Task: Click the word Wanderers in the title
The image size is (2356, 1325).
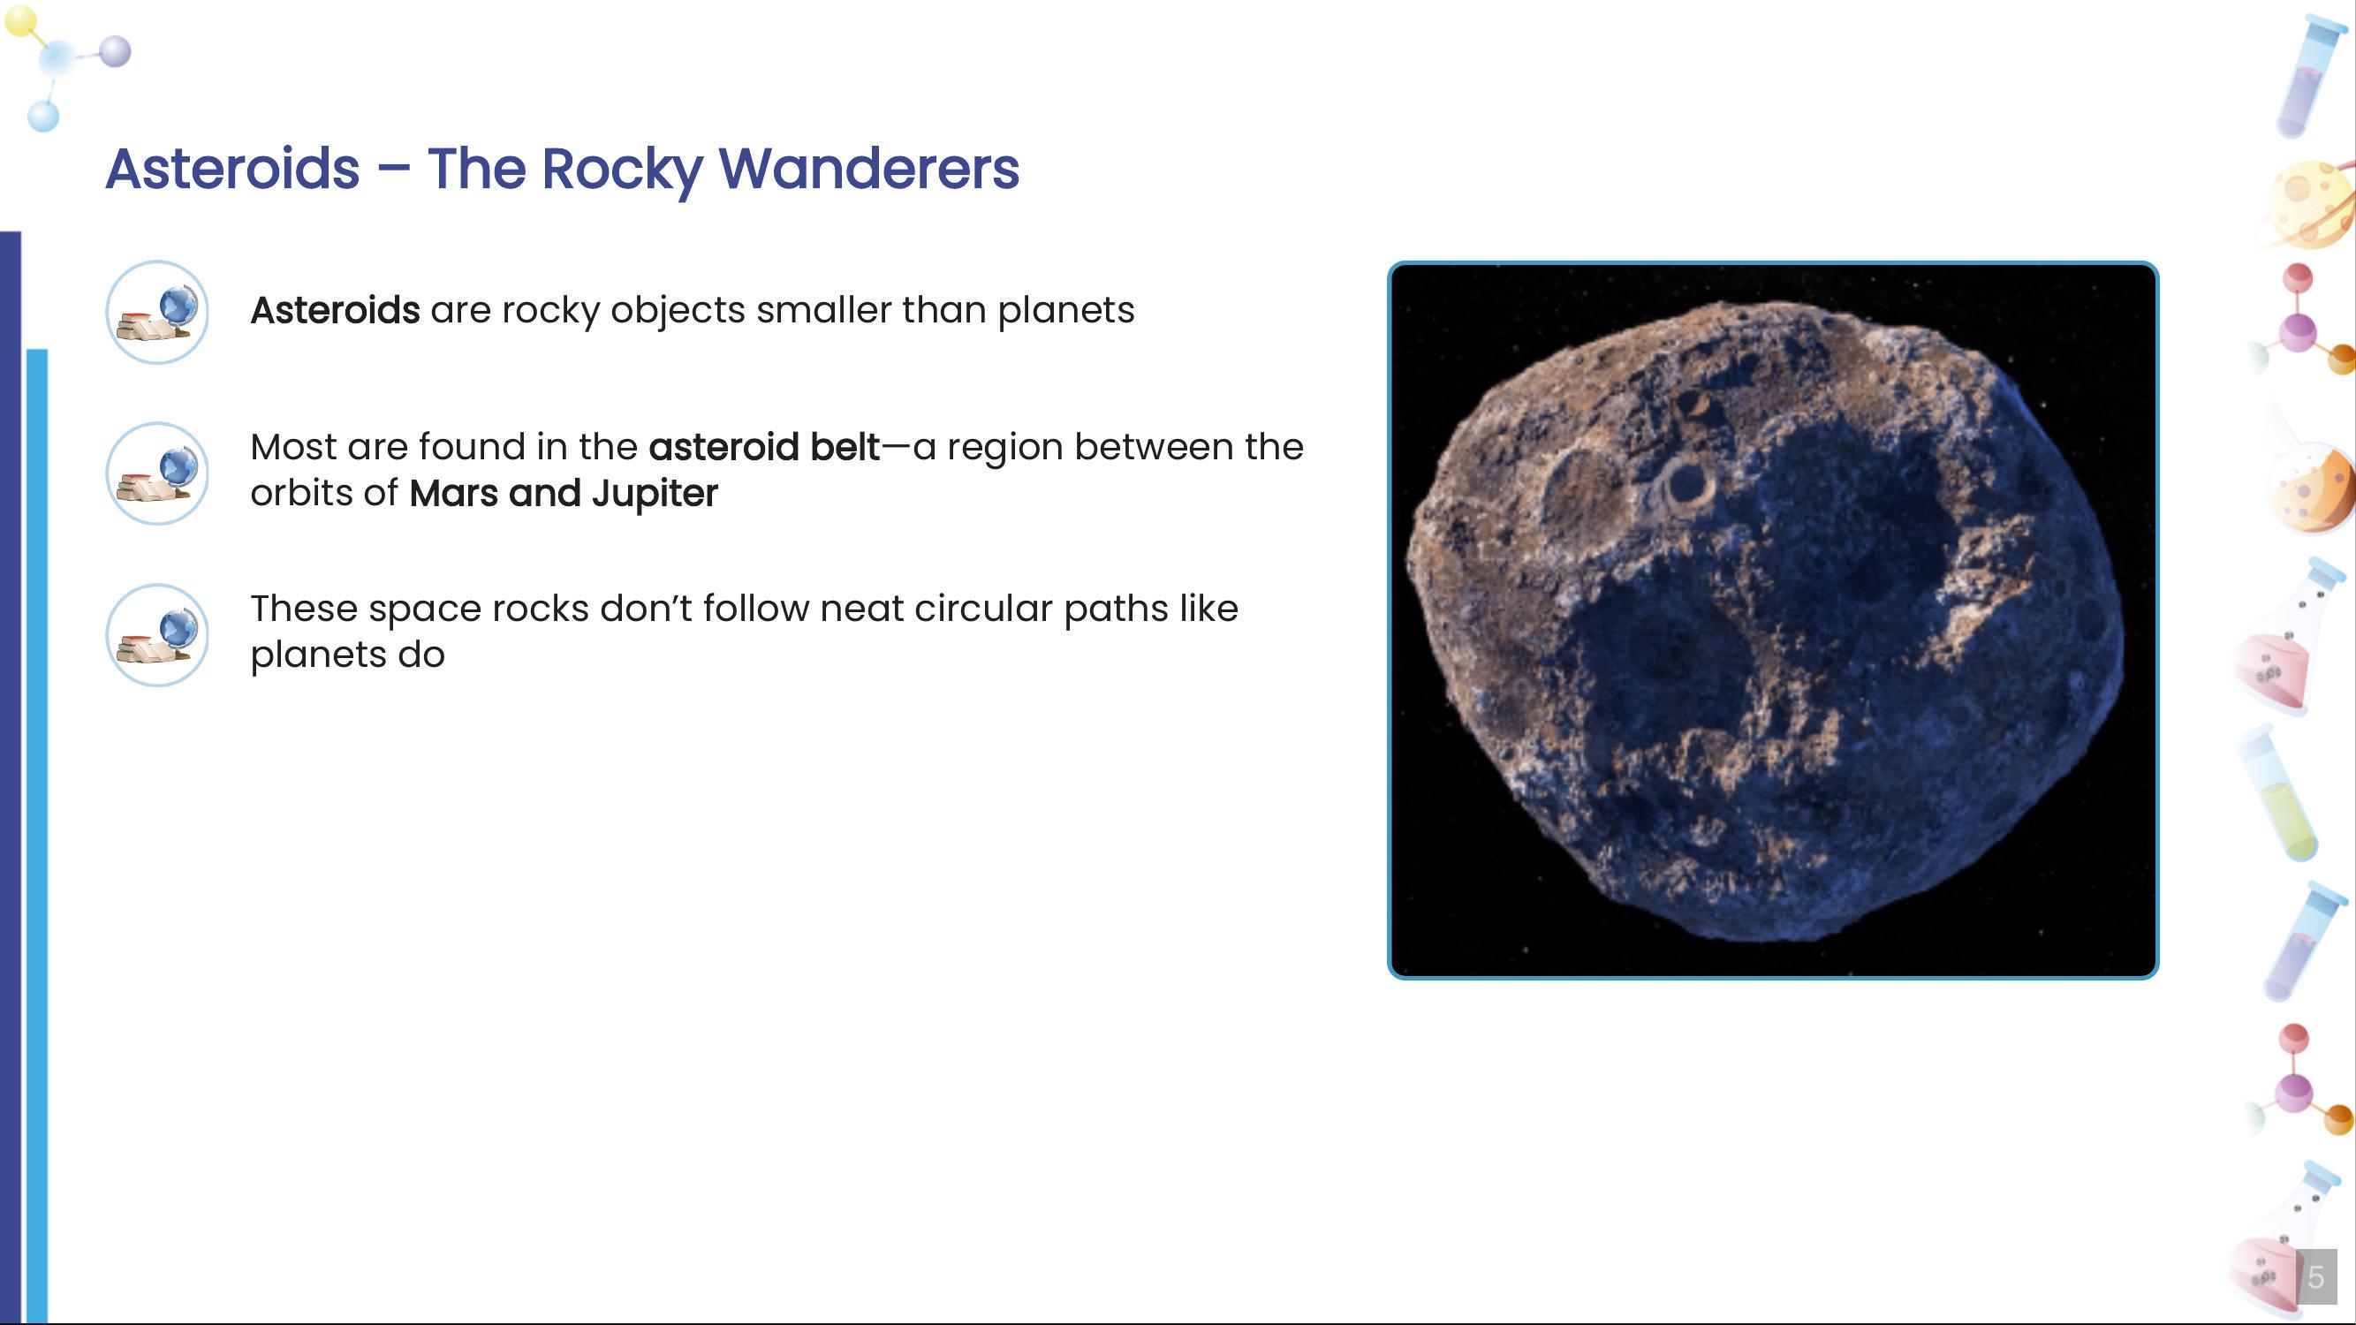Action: coord(868,170)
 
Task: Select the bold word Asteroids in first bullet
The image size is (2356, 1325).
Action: coord(335,311)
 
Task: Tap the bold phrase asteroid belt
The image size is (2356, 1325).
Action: coord(763,447)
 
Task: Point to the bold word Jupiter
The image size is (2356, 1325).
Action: coord(654,494)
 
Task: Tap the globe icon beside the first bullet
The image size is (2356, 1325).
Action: coord(157,313)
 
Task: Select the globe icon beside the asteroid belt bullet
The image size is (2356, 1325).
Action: coord(157,473)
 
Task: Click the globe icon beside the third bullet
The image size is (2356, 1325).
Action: coord(157,635)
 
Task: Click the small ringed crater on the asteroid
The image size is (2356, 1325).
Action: coord(1686,484)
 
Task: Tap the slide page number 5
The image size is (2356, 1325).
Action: coord(2314,1276)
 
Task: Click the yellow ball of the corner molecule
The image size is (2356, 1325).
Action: coord(21,21)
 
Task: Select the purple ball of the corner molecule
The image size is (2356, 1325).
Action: coord(114,51)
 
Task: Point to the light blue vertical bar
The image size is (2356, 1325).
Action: coord(36,823)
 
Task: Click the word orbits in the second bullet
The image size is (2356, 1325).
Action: coord(301,494)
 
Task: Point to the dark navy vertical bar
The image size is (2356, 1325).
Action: coord(10,777)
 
